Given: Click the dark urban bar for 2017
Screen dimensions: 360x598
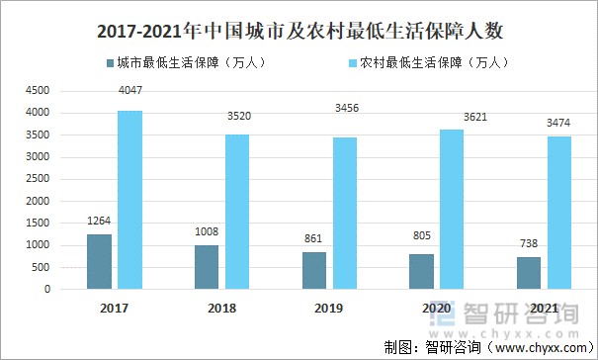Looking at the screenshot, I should pyautogui.click(x=100, y=262).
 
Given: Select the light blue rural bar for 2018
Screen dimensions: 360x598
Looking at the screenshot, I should pyautogui.click(x=237, y=212).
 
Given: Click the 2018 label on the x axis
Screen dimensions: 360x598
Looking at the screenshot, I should pyautogui.click(x=222, y=310).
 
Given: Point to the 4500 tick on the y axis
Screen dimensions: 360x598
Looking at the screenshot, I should pyautogui.click(x=38, y=90).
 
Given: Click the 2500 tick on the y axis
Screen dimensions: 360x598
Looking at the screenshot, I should pyautogui.click(x=38, y=179).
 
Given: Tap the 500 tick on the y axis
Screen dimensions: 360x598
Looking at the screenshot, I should pyautogui.click(x=41, y=268).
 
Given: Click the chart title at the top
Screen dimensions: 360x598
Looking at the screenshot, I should pyautogui.click(x=299, y=29).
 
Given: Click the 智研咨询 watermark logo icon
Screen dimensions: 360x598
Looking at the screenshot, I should pyautogui.click(x=451, y=312).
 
